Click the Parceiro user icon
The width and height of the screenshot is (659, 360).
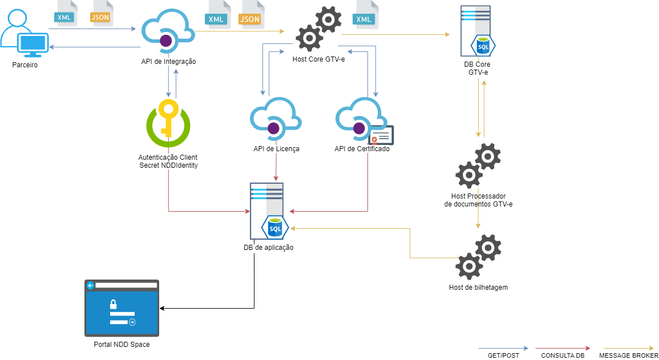click(x=25, y=35)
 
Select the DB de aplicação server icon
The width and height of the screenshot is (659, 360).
click(x=268, y=212)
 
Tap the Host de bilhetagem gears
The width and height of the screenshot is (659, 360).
click(x=479, y=257)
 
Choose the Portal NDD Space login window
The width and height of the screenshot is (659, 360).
click(x=122, y=308)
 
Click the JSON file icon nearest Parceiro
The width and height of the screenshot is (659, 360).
click(x=101, y=15)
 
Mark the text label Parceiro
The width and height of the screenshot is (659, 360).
click(x=25, y=66)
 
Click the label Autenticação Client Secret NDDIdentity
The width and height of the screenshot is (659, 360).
click(x=168, y=161)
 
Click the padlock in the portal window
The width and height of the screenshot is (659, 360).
click(x=114, y=304)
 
